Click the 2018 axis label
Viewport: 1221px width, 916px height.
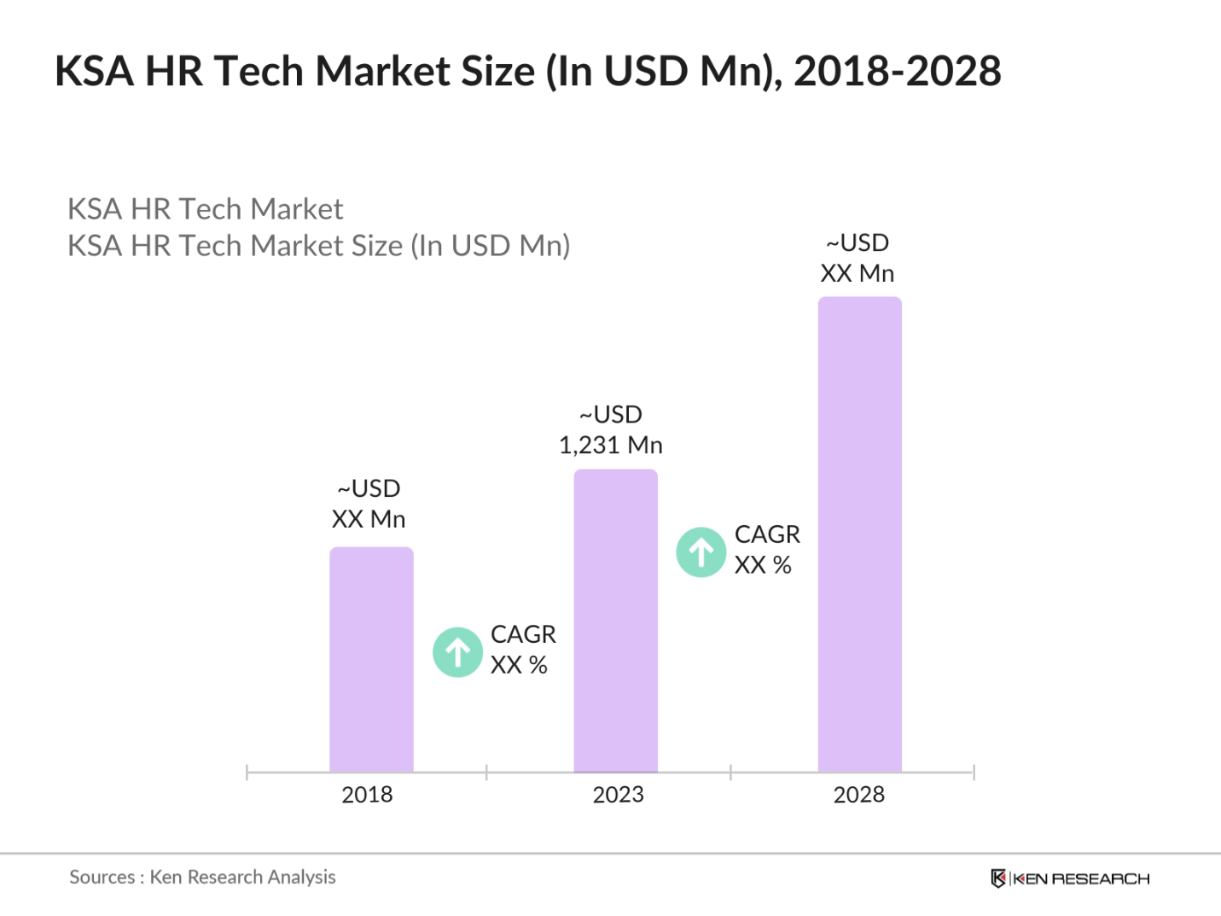click(367, 795)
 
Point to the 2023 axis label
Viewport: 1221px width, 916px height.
click(618, 795)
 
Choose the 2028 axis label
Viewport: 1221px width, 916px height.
click(858, 795)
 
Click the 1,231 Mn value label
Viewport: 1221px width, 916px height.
click(610, 445)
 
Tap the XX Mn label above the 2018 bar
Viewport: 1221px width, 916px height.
click(368, 519)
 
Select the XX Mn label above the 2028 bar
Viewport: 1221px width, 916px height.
click(857, 273)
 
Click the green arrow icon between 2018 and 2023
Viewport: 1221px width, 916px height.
click(458, 652)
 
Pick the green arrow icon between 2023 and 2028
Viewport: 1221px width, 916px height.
click(701, 552)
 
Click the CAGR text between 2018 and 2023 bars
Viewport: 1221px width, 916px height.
click(522, 634)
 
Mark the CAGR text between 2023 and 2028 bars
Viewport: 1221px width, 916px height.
click(767, 534)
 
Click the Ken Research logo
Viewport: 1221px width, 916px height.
click(1070, 878)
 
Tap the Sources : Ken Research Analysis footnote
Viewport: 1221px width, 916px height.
click(202, 877)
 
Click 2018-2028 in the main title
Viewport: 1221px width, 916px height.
click(897, 71)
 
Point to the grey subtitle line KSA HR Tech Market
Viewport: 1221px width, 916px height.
click(205, 209)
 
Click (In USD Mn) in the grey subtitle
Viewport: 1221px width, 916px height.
click(490, 246)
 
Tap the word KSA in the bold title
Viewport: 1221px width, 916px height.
click(94, 71)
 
